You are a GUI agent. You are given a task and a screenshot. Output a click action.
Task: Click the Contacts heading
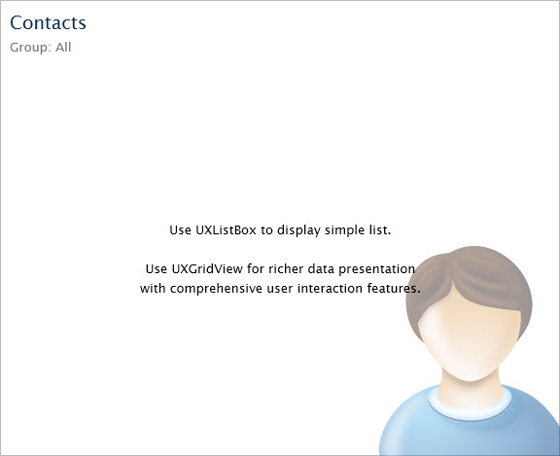coord(48,23)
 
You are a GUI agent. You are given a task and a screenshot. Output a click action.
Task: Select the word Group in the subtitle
coord(28,48)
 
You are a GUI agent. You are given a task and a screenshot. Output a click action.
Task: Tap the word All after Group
coord(63,47)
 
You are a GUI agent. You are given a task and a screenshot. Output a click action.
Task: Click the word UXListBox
coord(226,230)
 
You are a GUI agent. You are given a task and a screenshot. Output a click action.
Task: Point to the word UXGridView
coord(207,268)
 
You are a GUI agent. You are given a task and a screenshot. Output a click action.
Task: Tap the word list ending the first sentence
coord(379,230)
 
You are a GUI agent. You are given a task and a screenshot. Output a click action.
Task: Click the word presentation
coord(376,269)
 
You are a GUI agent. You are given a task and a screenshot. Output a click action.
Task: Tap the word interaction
coord(330,288)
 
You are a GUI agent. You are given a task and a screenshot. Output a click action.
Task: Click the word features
coord(393,288)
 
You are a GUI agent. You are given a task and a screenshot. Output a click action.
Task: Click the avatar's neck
coord(471,389)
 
